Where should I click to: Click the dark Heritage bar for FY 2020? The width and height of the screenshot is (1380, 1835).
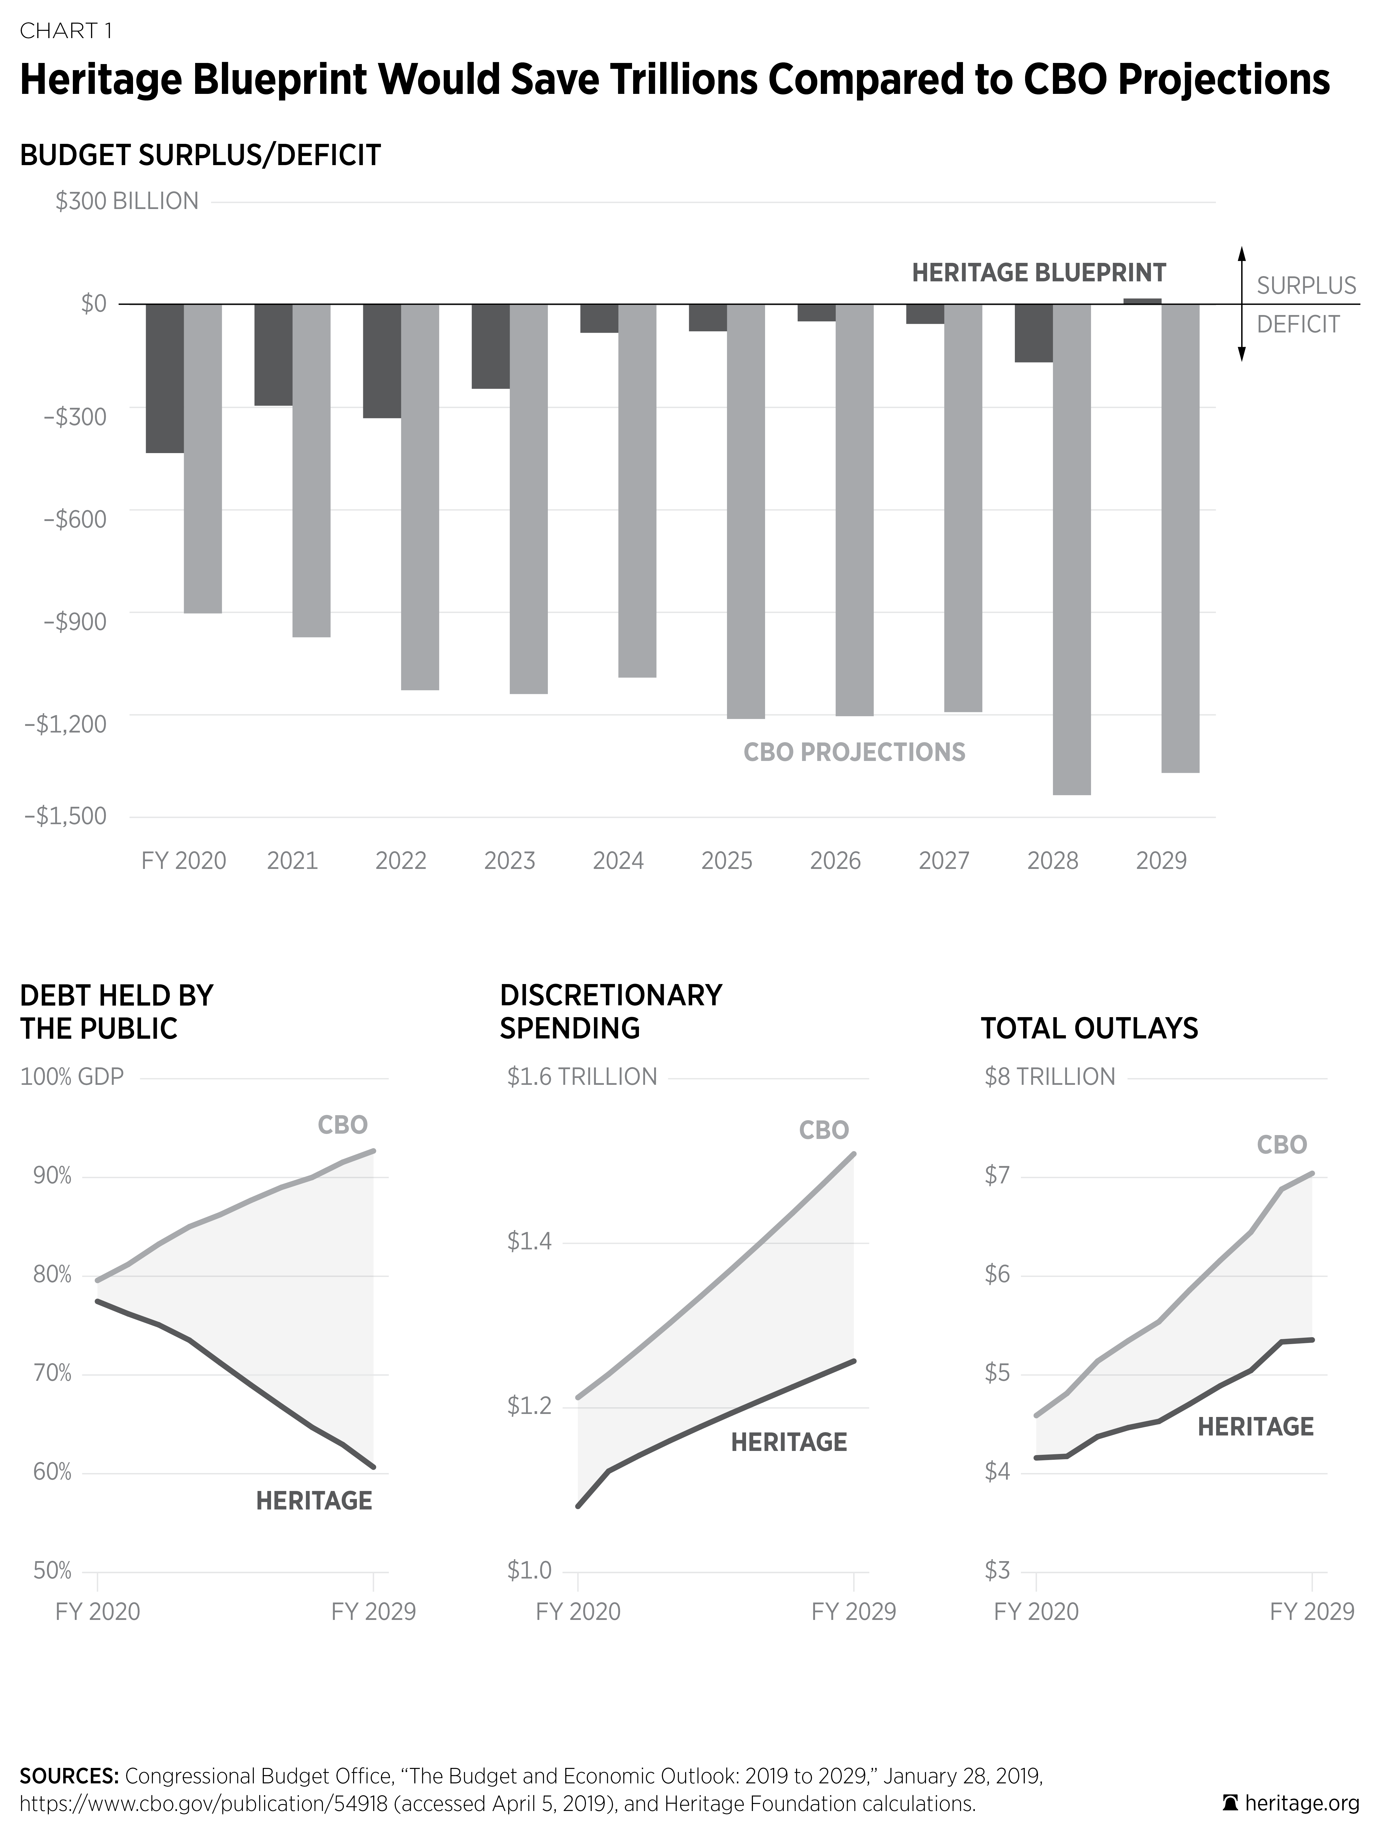(165, 378)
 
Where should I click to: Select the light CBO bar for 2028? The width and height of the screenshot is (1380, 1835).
(1071, 549)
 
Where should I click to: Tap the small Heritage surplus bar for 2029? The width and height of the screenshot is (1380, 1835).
(1142, 300)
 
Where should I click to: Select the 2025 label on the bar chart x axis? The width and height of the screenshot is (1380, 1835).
(726, 861)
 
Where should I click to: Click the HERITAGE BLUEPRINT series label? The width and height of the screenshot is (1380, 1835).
(1038, 273)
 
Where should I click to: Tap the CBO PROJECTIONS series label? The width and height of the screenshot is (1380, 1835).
(854, 752)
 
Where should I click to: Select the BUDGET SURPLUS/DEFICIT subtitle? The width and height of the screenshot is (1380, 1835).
(200, 155)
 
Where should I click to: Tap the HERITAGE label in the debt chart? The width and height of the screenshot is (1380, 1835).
(314, 1501)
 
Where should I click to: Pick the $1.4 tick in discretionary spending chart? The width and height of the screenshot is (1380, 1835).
(529, 1242)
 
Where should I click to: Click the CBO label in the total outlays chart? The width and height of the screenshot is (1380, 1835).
(1281, 1145)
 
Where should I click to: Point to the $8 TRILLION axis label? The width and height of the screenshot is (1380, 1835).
(1049, 1077)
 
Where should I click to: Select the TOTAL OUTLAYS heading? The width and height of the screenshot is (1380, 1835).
(1089, 1029)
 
